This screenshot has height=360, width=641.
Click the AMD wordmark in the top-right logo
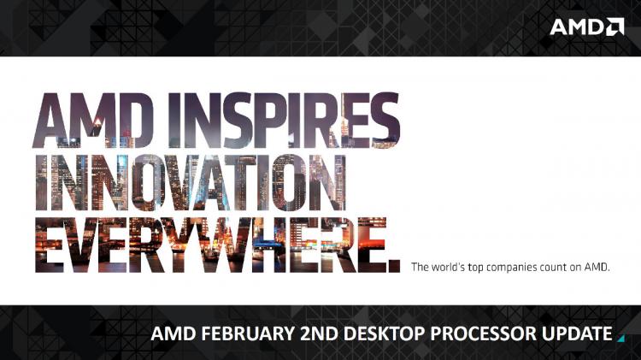point(577,27)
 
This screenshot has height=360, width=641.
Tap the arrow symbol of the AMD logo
point(615,27)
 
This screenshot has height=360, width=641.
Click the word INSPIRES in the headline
point(284,120)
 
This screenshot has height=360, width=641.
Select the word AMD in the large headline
point(94,120)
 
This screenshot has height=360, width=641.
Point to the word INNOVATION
point(191,182)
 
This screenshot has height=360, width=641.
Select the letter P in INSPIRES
point(256,120)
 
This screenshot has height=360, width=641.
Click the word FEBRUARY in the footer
point(248,333)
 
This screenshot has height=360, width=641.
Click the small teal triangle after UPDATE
point(622,339)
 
